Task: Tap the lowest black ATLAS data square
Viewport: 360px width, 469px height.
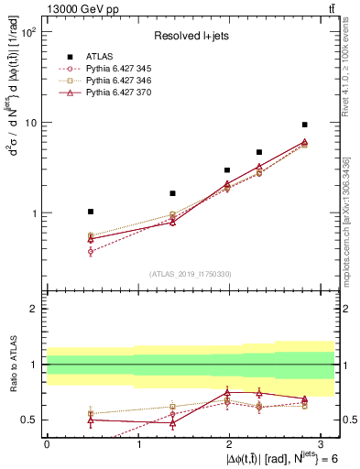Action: [90, 212]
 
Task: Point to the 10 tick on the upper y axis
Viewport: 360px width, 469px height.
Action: [29, 123]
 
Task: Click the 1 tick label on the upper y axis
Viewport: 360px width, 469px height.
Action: [33, 213]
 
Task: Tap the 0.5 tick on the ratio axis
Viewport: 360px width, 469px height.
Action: [29, 420]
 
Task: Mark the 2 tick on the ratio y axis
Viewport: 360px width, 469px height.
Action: [33, 309]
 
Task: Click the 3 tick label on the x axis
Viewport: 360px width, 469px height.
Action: [322, 442]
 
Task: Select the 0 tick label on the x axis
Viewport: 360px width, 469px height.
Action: [47, 442]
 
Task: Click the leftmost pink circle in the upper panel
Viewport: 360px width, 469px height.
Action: [90, 251]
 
